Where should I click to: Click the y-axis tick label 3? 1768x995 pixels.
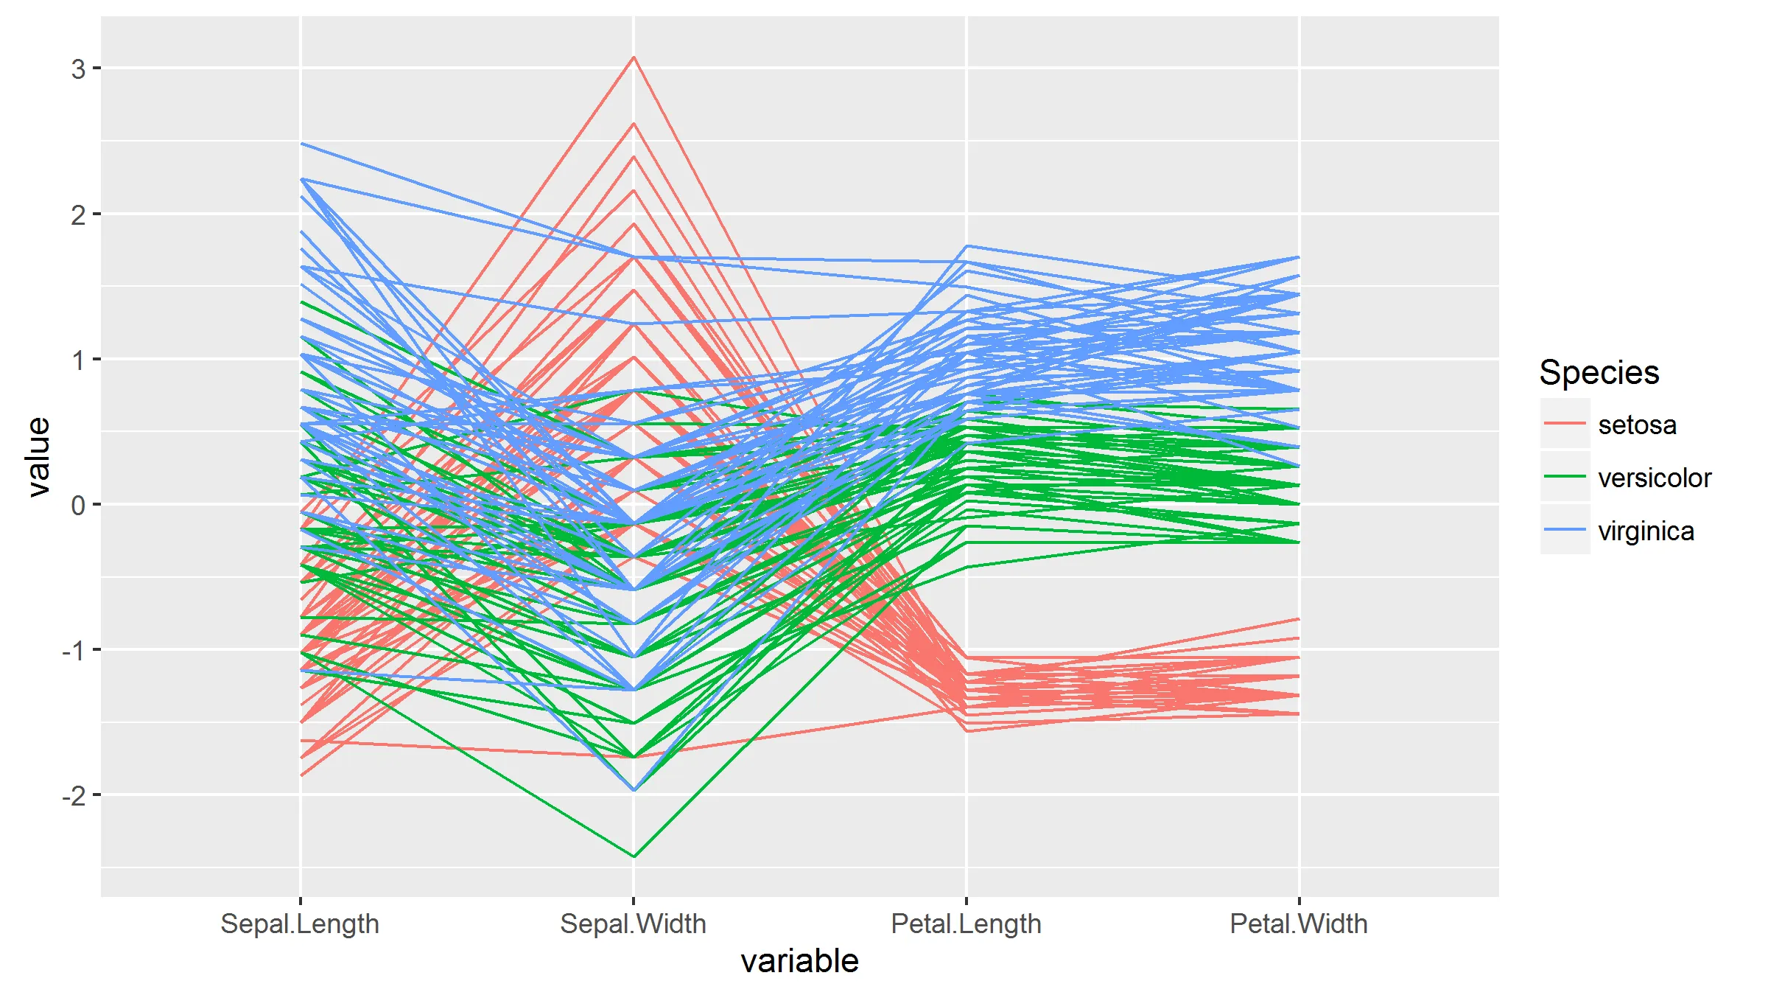click(78, 69)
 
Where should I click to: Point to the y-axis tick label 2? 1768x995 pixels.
click(78, 215)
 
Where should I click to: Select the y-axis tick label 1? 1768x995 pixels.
click(78, 360)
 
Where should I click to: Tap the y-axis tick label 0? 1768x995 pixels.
click(78, 506)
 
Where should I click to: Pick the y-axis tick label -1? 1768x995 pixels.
click(74, 651)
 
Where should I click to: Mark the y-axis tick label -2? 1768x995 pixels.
click(74, 796)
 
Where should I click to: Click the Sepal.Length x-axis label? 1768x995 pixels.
click(300, 924)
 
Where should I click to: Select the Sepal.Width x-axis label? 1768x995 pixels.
click(633, 924)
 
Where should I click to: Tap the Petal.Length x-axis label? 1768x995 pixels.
click(966, 924)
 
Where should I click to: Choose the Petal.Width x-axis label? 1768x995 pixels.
click(1299, 924)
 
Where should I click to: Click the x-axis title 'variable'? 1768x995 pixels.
click(799, 961)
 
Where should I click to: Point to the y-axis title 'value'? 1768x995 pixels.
click(38, 457)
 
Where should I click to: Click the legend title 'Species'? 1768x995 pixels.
click(1599, 372)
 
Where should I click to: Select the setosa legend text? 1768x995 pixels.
click(1637, 425)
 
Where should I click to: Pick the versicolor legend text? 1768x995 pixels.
click(1655, 478)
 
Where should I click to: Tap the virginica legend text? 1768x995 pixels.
click(1646, 531)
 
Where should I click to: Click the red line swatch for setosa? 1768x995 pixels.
click(1565, 424)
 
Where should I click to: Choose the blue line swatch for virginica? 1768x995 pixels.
click(1565, 530)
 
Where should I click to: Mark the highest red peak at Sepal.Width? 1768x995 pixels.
click(634, 57)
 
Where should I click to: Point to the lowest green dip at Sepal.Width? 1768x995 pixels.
click(634, 856)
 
